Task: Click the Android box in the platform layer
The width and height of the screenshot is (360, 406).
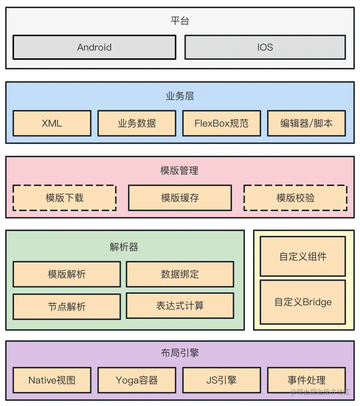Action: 94,47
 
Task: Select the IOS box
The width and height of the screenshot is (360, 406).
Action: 265,47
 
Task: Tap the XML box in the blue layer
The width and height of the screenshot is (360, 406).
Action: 52,123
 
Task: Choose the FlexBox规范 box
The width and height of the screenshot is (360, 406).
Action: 221,123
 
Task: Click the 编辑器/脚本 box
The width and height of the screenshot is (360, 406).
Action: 307,123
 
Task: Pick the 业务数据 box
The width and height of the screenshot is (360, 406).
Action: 137,123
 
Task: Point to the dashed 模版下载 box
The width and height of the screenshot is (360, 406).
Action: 65,198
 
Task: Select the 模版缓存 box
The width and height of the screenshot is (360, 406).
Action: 180,198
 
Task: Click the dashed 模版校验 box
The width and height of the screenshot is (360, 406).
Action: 295,198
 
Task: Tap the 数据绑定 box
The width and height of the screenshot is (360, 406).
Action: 180,274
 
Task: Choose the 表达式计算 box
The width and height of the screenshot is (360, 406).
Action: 180,306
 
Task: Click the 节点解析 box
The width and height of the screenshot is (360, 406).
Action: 67,306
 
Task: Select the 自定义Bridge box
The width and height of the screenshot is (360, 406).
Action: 303,302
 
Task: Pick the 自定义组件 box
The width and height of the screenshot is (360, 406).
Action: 303,257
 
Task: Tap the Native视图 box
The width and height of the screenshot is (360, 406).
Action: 52,380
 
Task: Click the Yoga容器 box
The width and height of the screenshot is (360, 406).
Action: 137,380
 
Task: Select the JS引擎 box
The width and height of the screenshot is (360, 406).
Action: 221,380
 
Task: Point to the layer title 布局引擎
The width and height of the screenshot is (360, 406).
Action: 180,353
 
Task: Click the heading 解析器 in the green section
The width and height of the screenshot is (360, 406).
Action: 124,247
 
